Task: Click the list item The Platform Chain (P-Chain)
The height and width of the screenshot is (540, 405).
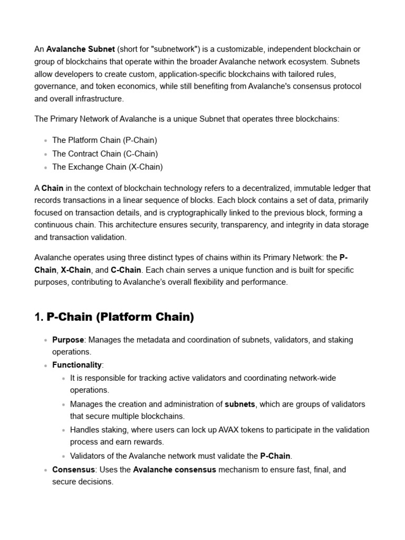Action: pyautogui.click(x=104, y=140)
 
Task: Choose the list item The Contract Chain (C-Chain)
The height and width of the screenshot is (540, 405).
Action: pyautogui.click(x=105, y=153)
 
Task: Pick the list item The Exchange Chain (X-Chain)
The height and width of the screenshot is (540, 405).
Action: pyautogui.click(x=108, y=167)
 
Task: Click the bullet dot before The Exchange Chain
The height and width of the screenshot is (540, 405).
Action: pyautogui.click(x=46, y=168)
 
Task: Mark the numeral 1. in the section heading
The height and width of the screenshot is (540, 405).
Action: pyautogui.click(x=38, y=317)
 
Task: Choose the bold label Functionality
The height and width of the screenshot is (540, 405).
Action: pyautogui.click(x=76, y=365)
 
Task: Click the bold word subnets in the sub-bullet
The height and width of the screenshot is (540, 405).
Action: pyautogui.click(x=240, y=404)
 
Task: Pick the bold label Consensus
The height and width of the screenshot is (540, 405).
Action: pyautogui.click(x=73, y=469)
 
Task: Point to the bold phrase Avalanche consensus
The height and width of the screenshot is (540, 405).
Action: pyautogui.click(x=175, y=469)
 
